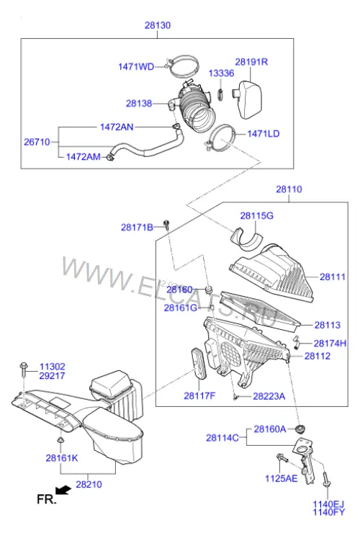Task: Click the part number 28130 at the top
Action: coord(158,25)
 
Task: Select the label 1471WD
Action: coord(136,66)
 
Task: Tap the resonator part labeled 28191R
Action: coord(248,99)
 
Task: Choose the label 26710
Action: coord(37,142)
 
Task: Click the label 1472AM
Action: coord(84,157)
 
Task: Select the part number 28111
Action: coord(333,277)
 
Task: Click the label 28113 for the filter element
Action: coord(328,326)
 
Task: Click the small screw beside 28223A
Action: coord(235,397)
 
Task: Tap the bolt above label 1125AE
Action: coord(282,457)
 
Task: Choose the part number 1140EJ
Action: coord(328,504)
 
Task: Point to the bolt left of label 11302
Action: coord(24,369)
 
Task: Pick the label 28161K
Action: coord(62,458)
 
